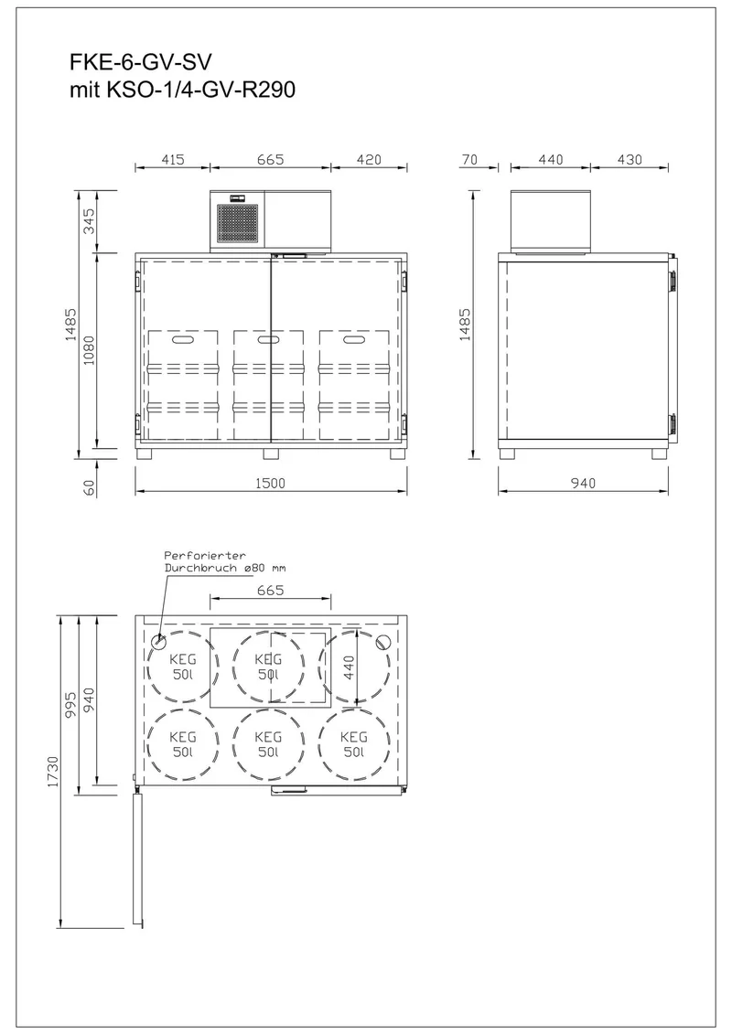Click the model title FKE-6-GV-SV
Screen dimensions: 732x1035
(x=141, y=63)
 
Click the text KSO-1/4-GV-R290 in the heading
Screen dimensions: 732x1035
(x=200, y=90)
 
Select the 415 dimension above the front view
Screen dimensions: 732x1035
(x=172, y=159)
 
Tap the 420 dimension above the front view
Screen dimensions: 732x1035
(x=369, y=159)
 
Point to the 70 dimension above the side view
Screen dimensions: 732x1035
(x=469, y=159)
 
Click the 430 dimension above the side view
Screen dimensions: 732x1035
(x=629, y=159)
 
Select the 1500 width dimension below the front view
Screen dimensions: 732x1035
(x=270, y=483)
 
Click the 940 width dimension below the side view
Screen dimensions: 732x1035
(x=583, y=483)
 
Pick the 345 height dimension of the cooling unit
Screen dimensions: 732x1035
(x=89, y=221)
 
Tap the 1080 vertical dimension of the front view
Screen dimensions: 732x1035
(x=89, y=350)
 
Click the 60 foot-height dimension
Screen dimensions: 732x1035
(x=89, y=487)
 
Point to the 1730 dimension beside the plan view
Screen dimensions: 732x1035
(x=53, y=771)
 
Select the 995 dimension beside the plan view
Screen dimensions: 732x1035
(x=71, y=704)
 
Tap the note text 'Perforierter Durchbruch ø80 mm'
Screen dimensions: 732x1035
(x=224, y=561)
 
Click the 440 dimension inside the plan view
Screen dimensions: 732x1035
(x=349, y=667)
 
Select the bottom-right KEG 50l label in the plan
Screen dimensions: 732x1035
(x=354, y=744)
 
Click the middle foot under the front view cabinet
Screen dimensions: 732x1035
(x=271, y=453)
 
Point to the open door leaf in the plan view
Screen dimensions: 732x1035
(x=137, y=859)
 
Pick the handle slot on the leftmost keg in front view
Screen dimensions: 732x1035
(x=182, y=340)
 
